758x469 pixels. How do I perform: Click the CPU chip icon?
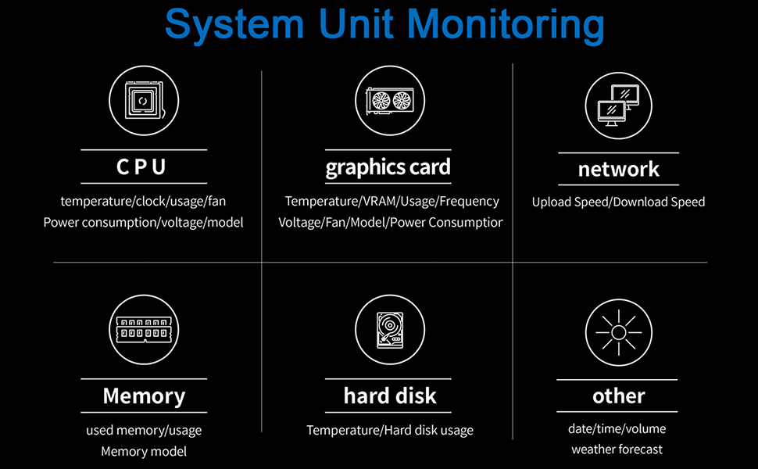coord(143,101)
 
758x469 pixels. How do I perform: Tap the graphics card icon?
coord(390,101)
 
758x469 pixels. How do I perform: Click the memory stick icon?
coord(143,330)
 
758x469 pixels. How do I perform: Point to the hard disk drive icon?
coord(390,330)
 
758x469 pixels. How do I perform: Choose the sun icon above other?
coord(618,332)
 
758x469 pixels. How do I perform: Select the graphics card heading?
coord(388,167)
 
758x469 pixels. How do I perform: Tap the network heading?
coord(618,169)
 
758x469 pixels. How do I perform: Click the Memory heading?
coord(144,396)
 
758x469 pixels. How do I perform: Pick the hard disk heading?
coord(390,396)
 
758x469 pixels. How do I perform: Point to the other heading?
coord(618,396)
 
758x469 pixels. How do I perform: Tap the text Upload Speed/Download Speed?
coord(618,202)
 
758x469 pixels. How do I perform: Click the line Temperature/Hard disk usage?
coord(390,430)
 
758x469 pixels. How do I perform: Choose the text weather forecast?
coord(617,449)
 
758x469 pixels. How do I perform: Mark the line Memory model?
coord(144,451)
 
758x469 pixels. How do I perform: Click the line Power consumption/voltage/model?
coord(143,223)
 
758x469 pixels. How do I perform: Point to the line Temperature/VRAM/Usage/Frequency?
coord(392,202)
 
